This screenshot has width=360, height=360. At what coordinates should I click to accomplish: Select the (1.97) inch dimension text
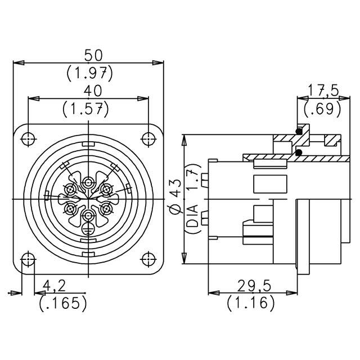point(89,72)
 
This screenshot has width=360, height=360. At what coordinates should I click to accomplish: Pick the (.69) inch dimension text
point(322,109)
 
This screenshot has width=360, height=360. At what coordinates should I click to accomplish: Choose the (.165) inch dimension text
point(64,303)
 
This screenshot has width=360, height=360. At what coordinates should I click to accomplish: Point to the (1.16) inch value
point(251,303)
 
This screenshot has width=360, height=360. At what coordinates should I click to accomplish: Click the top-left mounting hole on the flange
point(29,138)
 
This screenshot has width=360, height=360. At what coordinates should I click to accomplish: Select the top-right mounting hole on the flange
point(148,138)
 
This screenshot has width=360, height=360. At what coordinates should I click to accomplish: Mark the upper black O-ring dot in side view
point(299,132)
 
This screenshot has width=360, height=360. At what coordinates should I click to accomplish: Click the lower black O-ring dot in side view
point(299,152)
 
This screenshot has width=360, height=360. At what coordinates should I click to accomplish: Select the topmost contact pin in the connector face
point(89,183)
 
